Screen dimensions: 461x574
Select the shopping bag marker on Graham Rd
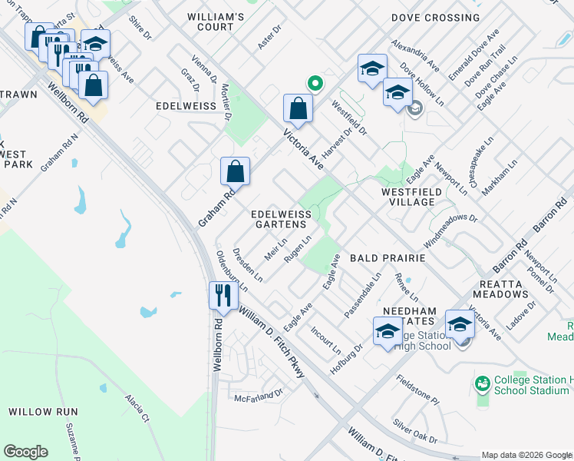pos(236,171)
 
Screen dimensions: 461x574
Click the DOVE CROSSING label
pos(435,18)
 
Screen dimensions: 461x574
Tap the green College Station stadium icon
pos(483,383)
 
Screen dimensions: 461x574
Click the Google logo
pos(25,452)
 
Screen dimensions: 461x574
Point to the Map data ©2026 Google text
pos(526,455)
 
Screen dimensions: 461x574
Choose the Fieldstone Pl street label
pos(417,390)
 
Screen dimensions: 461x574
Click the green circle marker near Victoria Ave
pos(314,83)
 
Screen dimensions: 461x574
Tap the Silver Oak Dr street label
pos(414,432)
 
